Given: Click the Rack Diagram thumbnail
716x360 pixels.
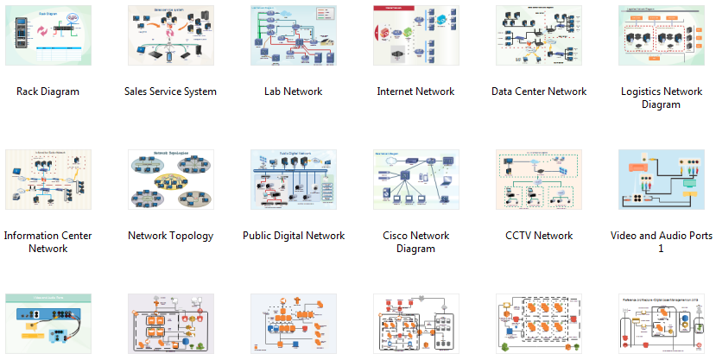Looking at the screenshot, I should [48, 35].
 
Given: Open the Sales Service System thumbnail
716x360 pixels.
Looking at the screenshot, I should [170, 35].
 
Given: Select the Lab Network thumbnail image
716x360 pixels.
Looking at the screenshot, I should [293, 35].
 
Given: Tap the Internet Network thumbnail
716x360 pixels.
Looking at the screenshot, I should [415, 35].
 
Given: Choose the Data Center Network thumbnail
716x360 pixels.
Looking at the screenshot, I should [538, 35].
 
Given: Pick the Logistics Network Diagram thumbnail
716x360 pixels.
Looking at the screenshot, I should [661, 35].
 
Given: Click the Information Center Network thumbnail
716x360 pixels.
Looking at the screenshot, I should [48, 180].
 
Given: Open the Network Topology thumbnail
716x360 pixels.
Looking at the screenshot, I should [170, 180].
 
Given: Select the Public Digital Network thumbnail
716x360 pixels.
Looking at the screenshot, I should [293, 180].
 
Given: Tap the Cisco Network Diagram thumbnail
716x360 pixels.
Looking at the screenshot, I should [415, 180].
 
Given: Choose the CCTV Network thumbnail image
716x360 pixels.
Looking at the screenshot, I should [538, 180].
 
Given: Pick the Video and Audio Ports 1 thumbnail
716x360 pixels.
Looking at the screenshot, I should [661, 180].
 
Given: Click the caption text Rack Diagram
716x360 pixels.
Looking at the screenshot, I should [48, 92].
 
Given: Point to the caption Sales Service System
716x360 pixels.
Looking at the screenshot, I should [170, 92].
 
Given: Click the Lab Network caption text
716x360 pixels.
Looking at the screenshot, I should [293, 92].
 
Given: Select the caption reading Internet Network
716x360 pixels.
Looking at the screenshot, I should [415, 92].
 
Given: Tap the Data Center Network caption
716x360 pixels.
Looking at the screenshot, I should [538, 92].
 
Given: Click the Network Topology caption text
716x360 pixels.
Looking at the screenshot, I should [170, 236].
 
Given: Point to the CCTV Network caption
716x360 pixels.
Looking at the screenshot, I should [538, 236].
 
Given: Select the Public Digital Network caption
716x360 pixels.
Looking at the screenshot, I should [293, 236].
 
